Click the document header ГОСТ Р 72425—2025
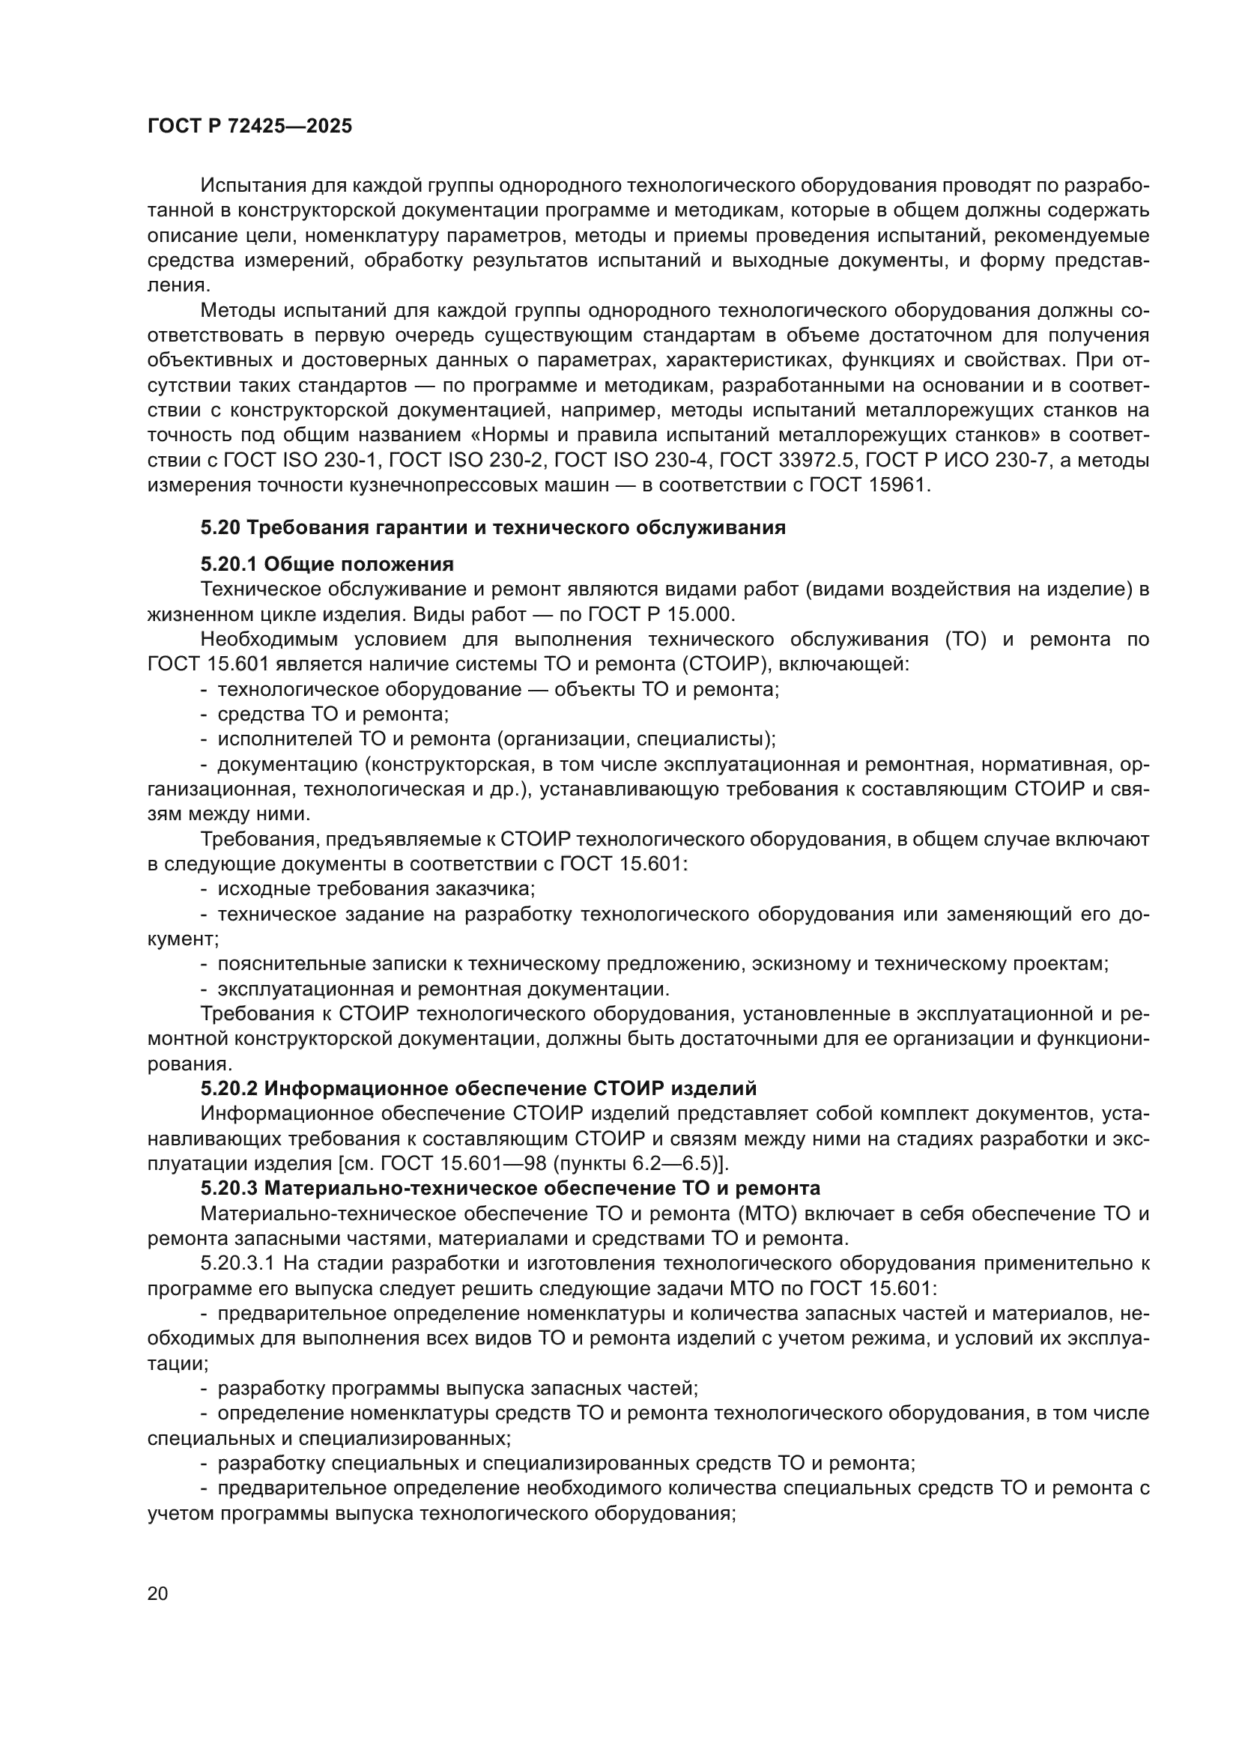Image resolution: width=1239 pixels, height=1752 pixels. tap(249, 127)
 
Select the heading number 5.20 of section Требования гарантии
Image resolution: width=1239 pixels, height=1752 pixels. tap(220, 527)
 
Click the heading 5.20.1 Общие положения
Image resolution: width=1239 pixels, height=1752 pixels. tap(327, 564)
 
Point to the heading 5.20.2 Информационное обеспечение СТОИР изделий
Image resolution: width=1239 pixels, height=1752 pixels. tap(479, 1088)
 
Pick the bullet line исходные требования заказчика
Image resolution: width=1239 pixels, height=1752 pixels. tap(375, 889)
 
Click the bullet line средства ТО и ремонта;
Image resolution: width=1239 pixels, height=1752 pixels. tap(333, 715)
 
